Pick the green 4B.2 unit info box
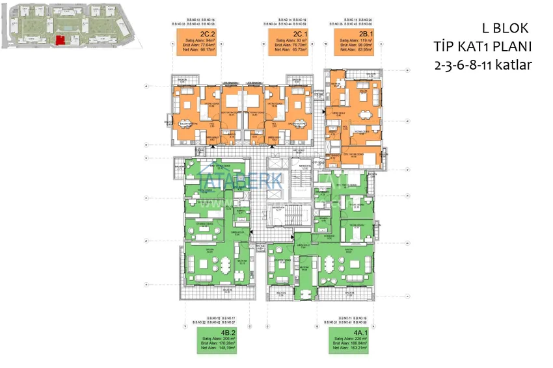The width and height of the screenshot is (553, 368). point(217,340)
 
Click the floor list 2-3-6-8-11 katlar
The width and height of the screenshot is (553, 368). point(482,65)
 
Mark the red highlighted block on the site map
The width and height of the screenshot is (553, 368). point(61,41)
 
